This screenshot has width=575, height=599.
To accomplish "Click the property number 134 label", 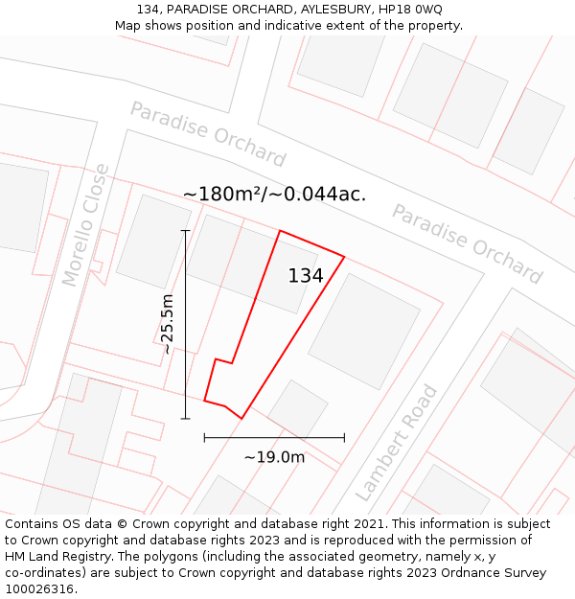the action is (306, 276).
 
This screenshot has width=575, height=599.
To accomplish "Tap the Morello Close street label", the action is (85, 225).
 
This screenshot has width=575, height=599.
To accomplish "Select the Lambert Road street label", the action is (396, 443).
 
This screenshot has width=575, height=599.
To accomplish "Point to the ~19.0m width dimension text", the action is (274, 457).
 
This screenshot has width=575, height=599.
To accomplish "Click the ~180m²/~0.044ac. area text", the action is (274, 195).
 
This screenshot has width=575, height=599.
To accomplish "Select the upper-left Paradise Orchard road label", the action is (208, 134).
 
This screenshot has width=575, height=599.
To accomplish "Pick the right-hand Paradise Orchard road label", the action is (467, 244).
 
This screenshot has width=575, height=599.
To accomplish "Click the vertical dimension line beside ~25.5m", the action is (185, 324).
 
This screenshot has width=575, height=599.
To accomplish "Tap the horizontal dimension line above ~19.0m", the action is (274, 438).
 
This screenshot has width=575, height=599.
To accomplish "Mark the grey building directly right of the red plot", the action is (364, 330).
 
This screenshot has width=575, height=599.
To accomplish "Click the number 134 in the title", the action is (148, 10).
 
